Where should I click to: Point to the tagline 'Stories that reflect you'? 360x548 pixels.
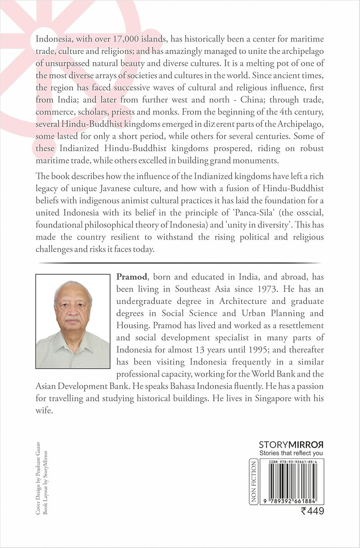tap(292, 453)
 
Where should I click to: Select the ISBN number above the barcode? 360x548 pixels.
tap(292, 462)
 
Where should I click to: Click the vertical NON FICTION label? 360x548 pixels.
tap(253, 481)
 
